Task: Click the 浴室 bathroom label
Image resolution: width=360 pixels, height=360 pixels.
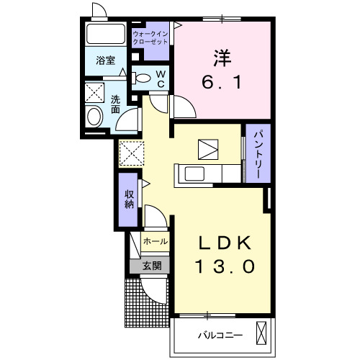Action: [106, 60]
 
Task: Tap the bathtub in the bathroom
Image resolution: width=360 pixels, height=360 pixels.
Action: [106, 34]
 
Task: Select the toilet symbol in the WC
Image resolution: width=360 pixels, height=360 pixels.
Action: [141, 78]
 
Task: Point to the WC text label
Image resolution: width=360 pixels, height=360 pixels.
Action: [161, 78]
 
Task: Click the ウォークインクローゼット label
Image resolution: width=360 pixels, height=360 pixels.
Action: [150, 37]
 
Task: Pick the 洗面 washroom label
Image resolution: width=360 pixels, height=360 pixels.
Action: [115, 104]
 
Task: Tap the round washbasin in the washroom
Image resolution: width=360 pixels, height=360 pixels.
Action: [94, 117]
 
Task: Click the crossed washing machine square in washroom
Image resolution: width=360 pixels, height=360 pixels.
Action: [94, 92]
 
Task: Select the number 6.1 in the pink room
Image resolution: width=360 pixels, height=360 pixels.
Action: [222, 82]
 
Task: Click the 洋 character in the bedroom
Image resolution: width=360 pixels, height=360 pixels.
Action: [222, 58]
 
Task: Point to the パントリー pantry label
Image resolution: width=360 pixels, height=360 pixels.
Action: [258, 154]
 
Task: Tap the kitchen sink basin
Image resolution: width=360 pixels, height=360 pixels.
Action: [194, 174]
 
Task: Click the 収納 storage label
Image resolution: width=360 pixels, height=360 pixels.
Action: [129, 199]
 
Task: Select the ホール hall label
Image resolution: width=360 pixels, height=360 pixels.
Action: [156, 241]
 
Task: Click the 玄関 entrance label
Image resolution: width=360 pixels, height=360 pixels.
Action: [152, 266]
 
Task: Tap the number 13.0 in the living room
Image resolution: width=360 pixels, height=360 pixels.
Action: [225, 266]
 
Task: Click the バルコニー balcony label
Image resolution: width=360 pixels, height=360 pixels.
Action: [220, 335]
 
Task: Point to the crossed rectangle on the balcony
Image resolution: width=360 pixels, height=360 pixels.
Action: [261, 333]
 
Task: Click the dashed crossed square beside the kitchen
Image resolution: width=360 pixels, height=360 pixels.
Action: [132, 153]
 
